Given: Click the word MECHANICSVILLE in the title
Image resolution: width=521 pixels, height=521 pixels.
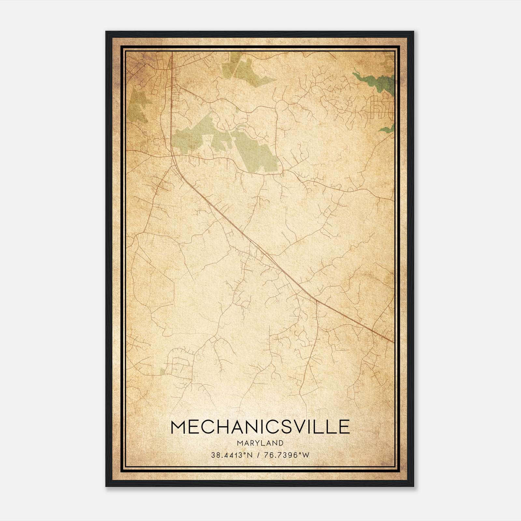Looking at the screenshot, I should click(x=260, y=427).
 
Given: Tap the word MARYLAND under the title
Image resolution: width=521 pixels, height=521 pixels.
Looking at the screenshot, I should click(x=260, y=443).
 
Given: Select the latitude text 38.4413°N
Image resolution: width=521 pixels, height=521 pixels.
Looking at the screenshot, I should click(x=232, y=455).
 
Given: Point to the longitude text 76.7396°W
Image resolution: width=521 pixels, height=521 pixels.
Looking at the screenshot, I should click(x=286, y=455).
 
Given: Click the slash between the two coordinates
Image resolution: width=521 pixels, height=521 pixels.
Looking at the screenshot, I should click(x=259, y=455).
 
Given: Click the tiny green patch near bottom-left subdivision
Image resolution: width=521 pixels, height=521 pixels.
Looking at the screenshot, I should click(x=162, y=371).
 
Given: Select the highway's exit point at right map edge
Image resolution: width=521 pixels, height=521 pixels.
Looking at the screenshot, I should click(x=393, y=342).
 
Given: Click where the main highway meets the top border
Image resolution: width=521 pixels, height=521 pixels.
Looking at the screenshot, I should click(x=172, y=52).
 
